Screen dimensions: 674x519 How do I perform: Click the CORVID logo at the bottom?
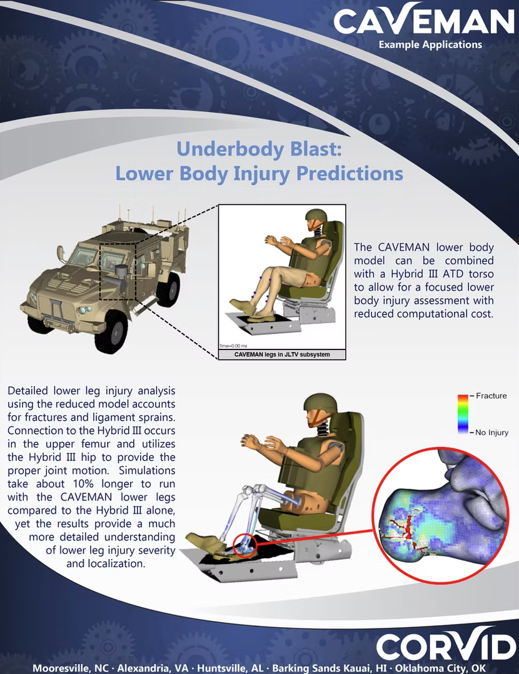446,646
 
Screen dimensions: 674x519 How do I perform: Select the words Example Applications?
430,45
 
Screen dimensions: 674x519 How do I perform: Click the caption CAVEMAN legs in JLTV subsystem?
281,355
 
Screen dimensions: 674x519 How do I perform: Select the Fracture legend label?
491,396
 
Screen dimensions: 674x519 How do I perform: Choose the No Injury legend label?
492,432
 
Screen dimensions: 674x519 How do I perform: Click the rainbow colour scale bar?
462,414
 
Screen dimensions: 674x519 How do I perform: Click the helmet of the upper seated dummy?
315,219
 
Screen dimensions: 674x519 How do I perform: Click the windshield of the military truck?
83,256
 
